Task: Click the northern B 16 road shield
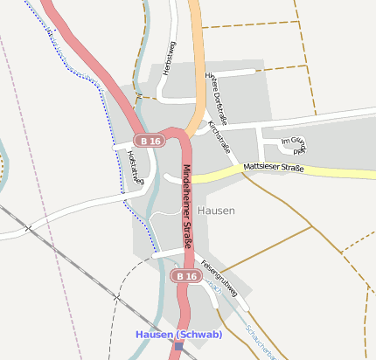150,141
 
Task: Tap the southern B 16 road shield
184,276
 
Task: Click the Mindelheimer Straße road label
187,213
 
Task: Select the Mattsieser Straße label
274,166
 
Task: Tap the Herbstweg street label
169,61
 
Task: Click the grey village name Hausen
216,211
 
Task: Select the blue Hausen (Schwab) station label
178,335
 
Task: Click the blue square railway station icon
179,346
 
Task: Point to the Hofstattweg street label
133,166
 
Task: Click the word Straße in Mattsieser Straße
290,167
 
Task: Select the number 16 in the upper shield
156,141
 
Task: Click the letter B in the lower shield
178,276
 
